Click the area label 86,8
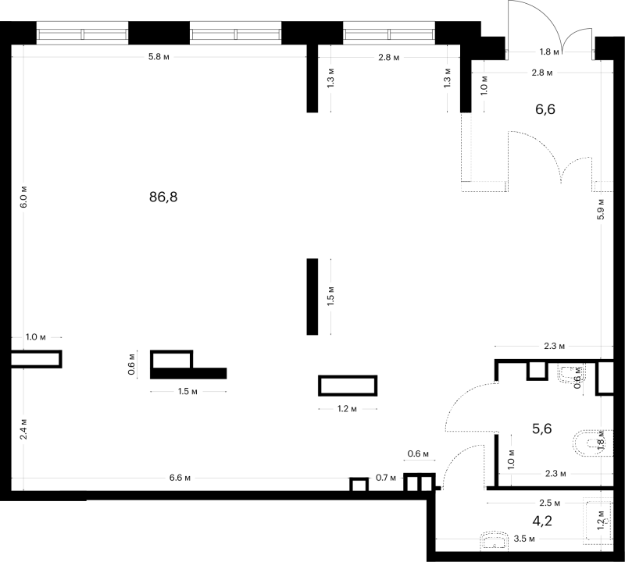pos(163,197)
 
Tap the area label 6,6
pos(545,108)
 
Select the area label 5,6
pos(542,429)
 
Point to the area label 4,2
pos(542,521)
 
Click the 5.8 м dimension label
pos(159,57)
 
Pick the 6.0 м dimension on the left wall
pos(23,197)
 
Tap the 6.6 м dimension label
pos(180,478)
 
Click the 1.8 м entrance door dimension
pos(549,52)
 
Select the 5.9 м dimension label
pos(601,209)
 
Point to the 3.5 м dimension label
pos(524,539)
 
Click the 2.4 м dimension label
pos(23,429)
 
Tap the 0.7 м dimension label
pos(386,478)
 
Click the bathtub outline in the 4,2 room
pos(598,521)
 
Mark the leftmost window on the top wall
pos(83,33)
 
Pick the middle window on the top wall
pos(236,33)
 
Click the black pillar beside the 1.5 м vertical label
pos(312,297)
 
